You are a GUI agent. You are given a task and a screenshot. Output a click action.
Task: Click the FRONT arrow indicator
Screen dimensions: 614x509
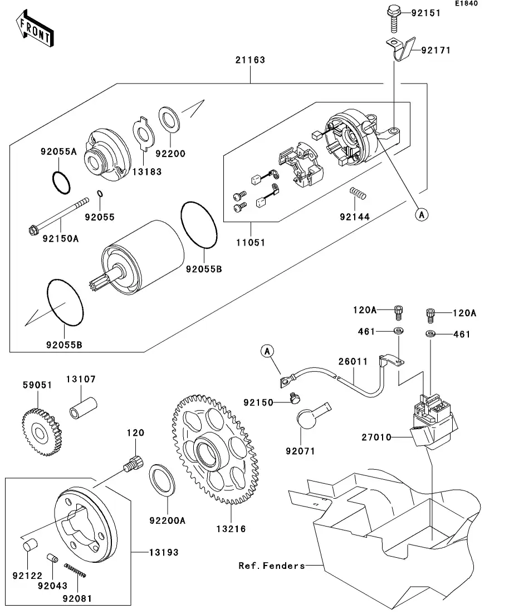coord(35,31)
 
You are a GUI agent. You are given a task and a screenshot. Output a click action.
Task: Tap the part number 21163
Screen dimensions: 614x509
coord(249,60)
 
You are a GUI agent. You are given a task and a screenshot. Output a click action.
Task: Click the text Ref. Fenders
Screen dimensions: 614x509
coord(271,566)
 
